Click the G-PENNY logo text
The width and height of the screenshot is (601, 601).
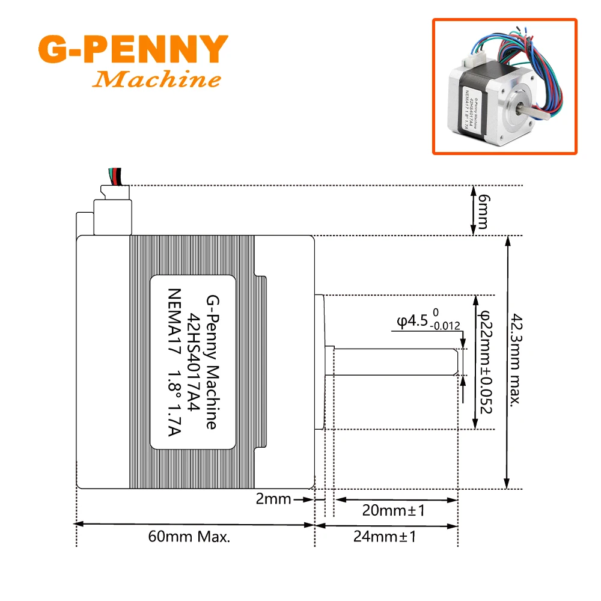tap(132, 50)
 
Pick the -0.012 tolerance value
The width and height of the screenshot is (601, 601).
tap(445, 326)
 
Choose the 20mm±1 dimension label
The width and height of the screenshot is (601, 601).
tap(394, 511)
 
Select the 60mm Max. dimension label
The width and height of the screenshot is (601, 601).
tap(189, 536)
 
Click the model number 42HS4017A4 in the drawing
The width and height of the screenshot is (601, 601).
tap(194, 362)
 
